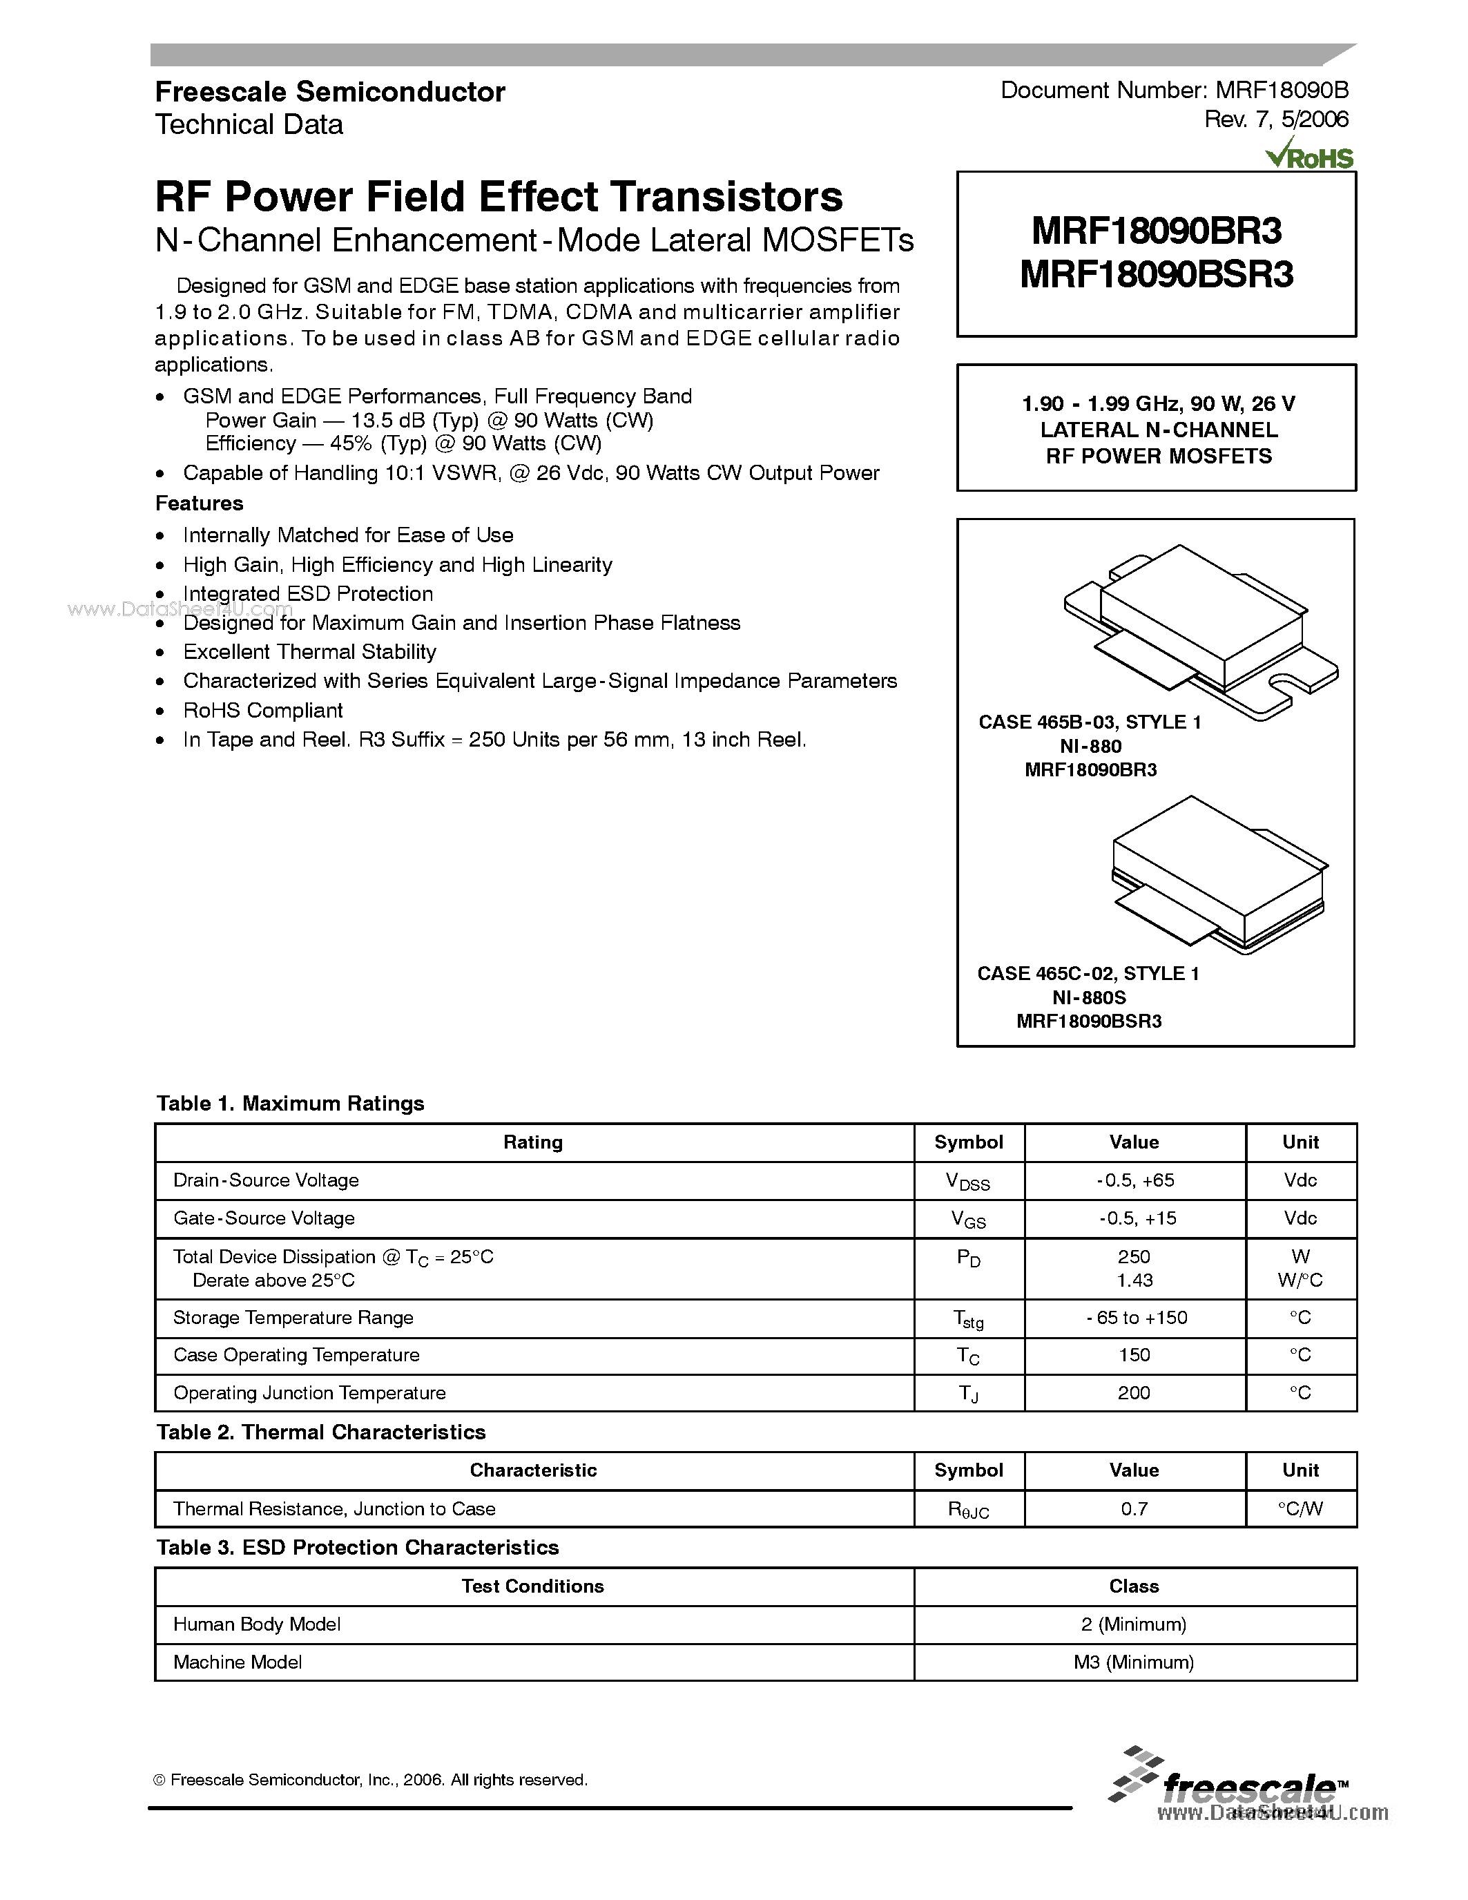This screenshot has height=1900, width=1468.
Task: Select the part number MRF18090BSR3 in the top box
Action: (1157, 275)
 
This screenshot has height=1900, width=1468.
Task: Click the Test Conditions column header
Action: (532, 1586)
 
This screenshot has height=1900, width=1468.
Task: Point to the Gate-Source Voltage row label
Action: (264, 1218)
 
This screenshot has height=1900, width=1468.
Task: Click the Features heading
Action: (199, 503)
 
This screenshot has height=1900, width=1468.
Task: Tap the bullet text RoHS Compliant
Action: (262, 710)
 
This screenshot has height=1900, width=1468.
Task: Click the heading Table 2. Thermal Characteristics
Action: (321, 1432)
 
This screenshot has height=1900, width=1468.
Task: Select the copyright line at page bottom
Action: (371, 1780)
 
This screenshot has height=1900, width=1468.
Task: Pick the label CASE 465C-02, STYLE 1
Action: (1088, 974)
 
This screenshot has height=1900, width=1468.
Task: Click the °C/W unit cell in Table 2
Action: (1300, 1508)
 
